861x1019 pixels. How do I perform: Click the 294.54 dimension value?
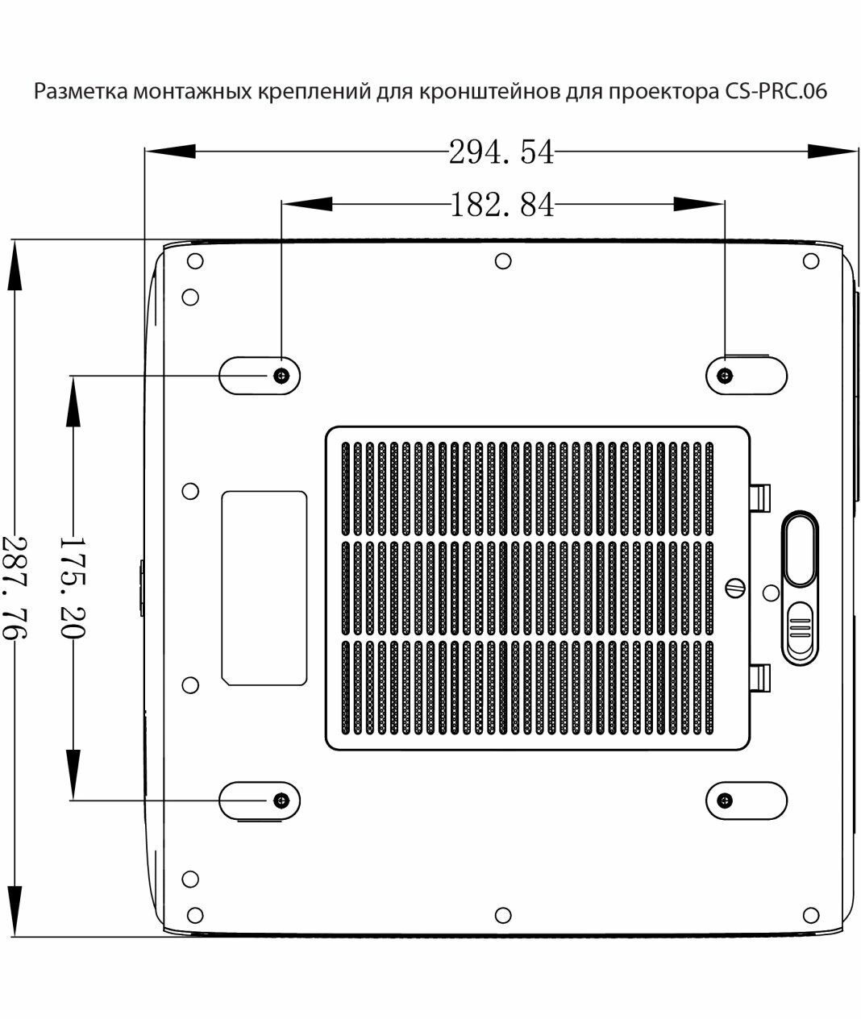pos(501,151)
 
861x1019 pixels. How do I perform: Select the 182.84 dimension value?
pos(501,206)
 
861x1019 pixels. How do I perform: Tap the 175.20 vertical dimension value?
pos(71,587)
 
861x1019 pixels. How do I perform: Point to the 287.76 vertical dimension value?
pos(14,587)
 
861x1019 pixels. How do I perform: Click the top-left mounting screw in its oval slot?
pos(281,376)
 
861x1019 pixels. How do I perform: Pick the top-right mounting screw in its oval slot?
pos(726,376)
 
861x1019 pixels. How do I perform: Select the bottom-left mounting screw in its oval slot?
pos(281,800)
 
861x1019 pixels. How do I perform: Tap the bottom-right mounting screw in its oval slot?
pos(726,801)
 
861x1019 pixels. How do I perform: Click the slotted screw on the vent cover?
pos(735,587)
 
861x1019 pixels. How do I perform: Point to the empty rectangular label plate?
pos(264,588)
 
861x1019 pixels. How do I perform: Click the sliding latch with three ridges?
pos(800,629)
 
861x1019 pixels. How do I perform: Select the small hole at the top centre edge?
pos(503,261)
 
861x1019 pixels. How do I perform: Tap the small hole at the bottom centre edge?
pos(503,914)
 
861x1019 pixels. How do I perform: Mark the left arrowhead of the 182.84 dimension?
pos(306,205)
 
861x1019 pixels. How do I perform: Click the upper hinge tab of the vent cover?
pos(760,495)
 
